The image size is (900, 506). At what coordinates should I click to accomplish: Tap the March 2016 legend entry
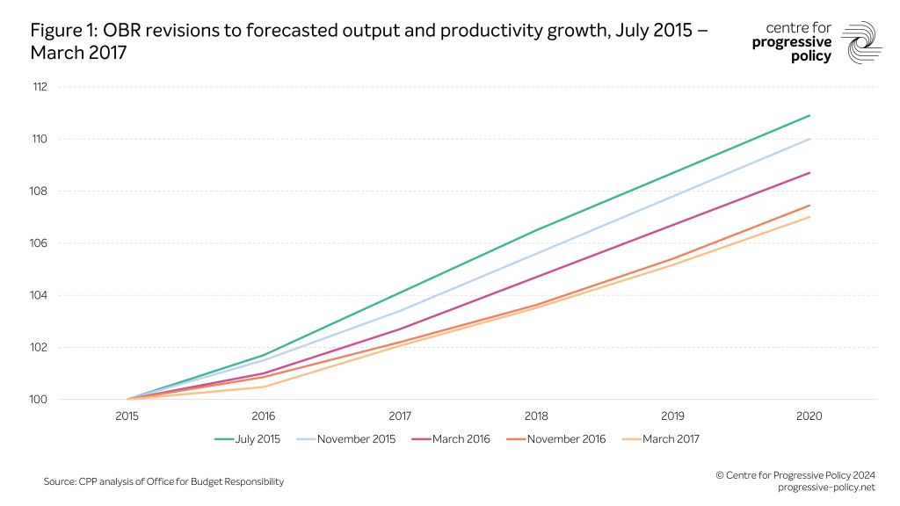coord(455,439)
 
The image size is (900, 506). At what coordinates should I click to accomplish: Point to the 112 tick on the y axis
coord(40,87)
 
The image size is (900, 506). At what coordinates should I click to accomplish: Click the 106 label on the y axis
coord(40,243)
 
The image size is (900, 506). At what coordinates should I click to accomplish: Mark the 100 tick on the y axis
coord(40,400)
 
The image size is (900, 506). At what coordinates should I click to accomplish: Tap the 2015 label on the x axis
coord(127,416)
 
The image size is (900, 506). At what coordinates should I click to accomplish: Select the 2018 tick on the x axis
coord(537,416)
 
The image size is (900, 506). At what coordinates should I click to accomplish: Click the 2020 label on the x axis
coord(809,416)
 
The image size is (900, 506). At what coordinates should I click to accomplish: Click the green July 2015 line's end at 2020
coord(809,115)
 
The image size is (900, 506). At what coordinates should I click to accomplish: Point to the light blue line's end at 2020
coord(809,139)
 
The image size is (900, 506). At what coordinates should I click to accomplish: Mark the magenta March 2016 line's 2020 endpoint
coord(809,173)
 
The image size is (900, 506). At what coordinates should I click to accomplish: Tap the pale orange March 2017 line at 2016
coord(264,387)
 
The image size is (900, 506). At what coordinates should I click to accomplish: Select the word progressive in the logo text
coord(791,42)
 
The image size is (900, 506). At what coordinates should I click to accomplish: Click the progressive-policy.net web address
coord(827,487)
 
